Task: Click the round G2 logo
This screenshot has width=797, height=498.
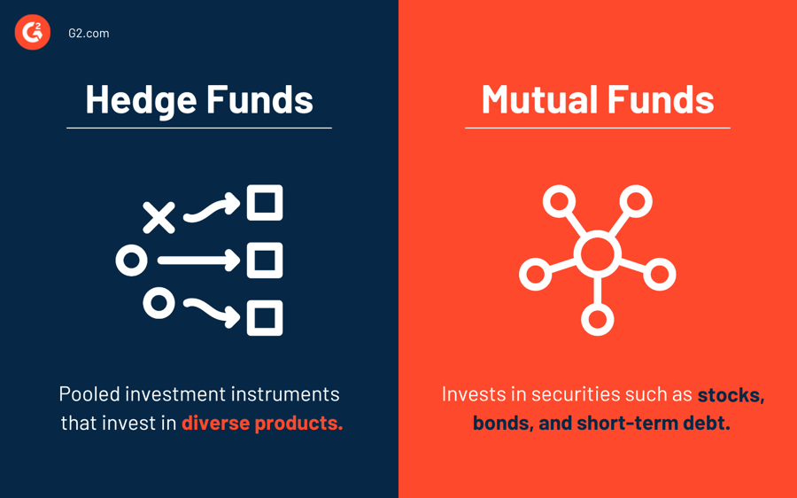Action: (x=33, y=33)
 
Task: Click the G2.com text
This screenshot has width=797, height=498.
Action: (x=89, y=34)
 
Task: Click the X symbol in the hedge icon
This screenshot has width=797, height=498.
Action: (x=159, y=217)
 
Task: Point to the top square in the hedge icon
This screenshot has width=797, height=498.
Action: (x=264, y=203)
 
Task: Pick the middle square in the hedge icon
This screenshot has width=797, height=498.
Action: (x=264, y=261)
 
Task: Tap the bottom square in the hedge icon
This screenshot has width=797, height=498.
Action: (x=264, y=318)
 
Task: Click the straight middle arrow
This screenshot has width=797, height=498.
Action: (x=198, y=261)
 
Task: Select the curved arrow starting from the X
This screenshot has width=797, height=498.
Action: (x=211, y=209)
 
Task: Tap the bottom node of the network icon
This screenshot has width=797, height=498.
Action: (x=597, y=319)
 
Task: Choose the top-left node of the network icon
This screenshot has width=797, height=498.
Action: (x=559, y=202)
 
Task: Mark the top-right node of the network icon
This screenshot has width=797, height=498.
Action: (x=636, y=202)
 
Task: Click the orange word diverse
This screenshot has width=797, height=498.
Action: (x=215, y=423)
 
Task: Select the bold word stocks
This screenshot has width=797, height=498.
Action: (x=730, y=393)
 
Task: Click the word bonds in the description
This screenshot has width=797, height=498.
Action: (x=500, y=423)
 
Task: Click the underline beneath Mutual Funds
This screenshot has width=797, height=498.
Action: (x=598, y=128)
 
